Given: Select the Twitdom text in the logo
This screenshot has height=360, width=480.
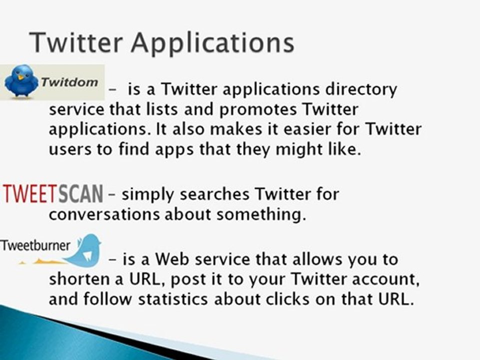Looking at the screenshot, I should tap(69, 81).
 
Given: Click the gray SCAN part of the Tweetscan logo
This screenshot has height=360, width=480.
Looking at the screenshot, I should tap(80, 193).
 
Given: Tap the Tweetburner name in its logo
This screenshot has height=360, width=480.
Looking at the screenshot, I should tap(35, 245).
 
